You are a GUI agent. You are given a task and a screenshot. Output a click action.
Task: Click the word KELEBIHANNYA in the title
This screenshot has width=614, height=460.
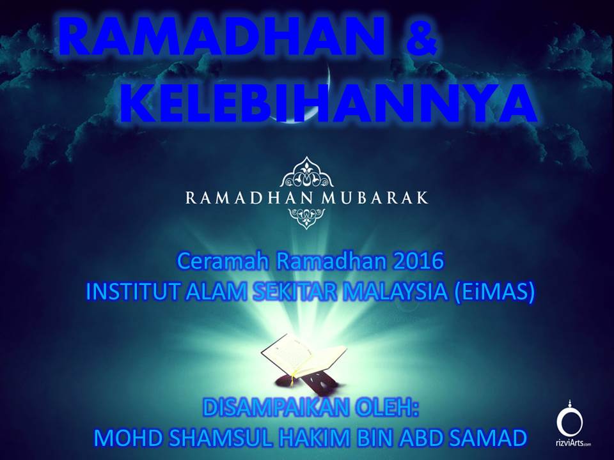pos(329,103)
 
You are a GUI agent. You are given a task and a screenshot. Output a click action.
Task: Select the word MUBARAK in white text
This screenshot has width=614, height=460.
pos(374,197)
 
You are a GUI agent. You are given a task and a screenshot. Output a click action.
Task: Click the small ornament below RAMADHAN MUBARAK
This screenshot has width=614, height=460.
pos(306,218)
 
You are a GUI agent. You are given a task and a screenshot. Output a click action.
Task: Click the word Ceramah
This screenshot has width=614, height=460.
pos(224,261)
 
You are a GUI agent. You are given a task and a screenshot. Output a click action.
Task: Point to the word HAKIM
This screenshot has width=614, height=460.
pos(315,438)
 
